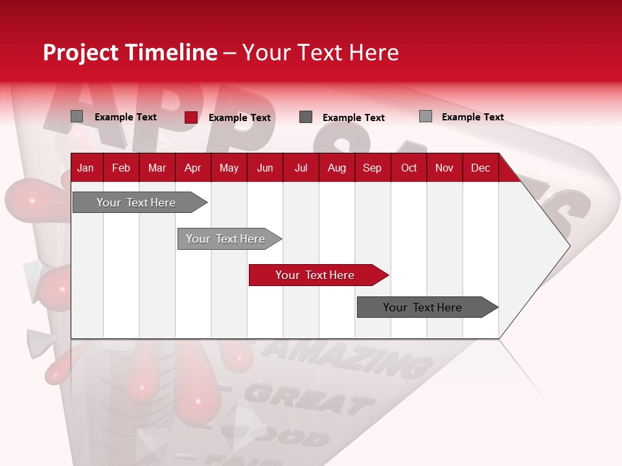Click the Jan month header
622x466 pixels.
click(x=86, y=168)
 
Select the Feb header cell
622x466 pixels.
click(x=121, y=168)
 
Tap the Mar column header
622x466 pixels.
click(x=157, y=168)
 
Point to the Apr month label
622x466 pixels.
click(x=192, y=168)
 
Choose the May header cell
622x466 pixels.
click(x=229, y=168)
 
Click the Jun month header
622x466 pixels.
click(x=265, y=168)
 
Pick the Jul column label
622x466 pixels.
click(x=301, y=168)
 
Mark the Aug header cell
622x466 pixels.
click(x=337, y=168)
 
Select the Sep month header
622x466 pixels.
click(x=372, y=168)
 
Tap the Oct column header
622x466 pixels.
click(x=409, y=168)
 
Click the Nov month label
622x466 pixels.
click(x=444, y=168)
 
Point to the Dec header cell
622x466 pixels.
click(x=480, y=168)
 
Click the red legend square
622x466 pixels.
click(x=190, y=117)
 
